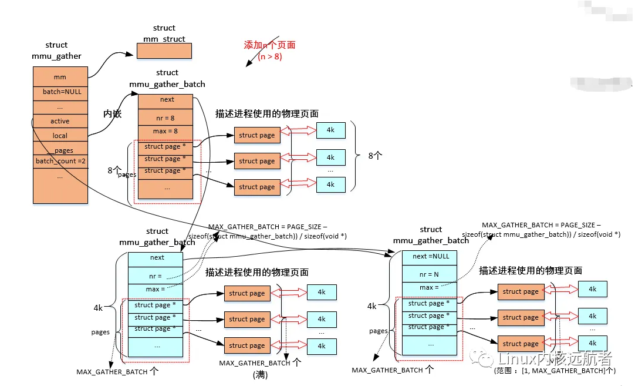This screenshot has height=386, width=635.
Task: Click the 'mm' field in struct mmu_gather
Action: pyautogui.click(x=60, y=77)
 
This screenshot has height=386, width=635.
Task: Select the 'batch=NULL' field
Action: pyautogui.click(x=60, y=92)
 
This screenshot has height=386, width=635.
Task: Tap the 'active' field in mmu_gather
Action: pyautogui.click(x=60, y=121)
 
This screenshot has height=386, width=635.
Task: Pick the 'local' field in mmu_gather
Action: pyautogui.click(x=60, y=136)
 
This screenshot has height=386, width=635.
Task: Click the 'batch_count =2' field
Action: pyautogui.click(x=60, y=161)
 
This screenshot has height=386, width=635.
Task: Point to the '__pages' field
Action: pyautogui.click(x=60, y=150)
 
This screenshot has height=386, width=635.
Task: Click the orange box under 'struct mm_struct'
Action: pyautogui.click(x=164, y=51)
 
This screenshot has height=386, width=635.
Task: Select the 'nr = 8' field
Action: pyautogui.click(x=165, y=118)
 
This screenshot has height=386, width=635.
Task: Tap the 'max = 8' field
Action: pyautogui.click(x=165, y=131)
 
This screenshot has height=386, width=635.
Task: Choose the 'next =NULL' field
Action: pyautogui.click(x=431, y=256)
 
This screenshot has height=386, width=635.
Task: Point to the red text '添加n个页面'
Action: pyautogui.click(x=269, y=45)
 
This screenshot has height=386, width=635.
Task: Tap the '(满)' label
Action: pyautogui.click(x=260, y=374)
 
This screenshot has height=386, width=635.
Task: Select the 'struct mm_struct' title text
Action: pyautogui.click(x=164, y=33)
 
